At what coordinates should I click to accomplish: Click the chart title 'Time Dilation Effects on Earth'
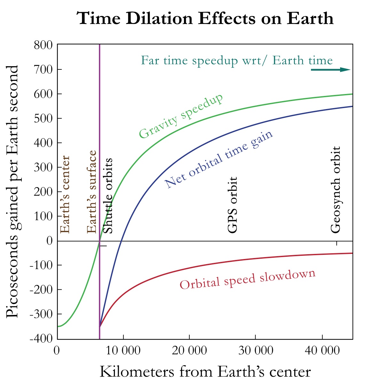point(205,18)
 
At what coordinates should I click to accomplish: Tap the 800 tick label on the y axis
point(44,45)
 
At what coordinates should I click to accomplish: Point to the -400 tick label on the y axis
point(41,339)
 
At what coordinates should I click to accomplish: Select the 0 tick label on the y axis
point(49,241)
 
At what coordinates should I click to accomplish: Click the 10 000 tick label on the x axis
point(123,350)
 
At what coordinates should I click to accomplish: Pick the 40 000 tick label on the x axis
point(322,350)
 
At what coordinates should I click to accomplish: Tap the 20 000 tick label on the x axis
point(189,350)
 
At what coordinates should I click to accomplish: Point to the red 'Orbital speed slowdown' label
point(248,279)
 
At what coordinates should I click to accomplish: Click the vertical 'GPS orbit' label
point(233,205)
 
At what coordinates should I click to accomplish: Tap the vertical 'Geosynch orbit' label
point(335,190)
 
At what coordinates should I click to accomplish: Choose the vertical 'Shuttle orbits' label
point(108,196)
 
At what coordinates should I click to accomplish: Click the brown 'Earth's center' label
point(65,194)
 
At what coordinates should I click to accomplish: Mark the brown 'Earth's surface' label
point(92,192)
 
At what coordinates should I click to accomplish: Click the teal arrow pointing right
point(331,70)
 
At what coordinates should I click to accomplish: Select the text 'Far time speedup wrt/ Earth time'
point(237,60)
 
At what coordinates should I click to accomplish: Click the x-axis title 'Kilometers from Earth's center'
point(205,372)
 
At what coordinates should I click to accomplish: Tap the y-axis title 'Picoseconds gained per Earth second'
point(13,192)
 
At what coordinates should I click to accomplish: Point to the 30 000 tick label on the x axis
point(256,350)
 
